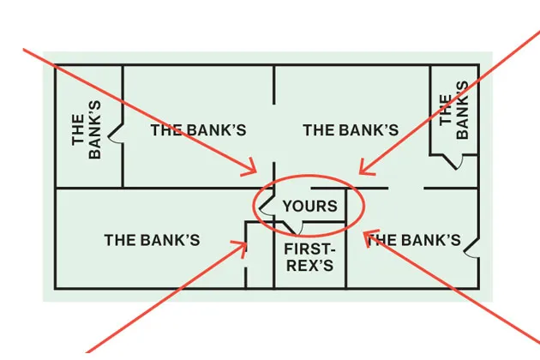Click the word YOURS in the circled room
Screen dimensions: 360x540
(x=309, y=206)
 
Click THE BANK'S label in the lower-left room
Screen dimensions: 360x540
(x=152, y=240)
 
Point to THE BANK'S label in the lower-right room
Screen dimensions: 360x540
(x=415, y=240)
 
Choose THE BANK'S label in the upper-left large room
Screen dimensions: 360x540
(x=198, y=130)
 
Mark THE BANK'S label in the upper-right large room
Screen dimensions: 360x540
(x=351, y=130)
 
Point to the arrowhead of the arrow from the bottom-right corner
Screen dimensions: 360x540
(x=366, y=233)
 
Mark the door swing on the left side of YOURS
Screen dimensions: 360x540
(x=267, y=207)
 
